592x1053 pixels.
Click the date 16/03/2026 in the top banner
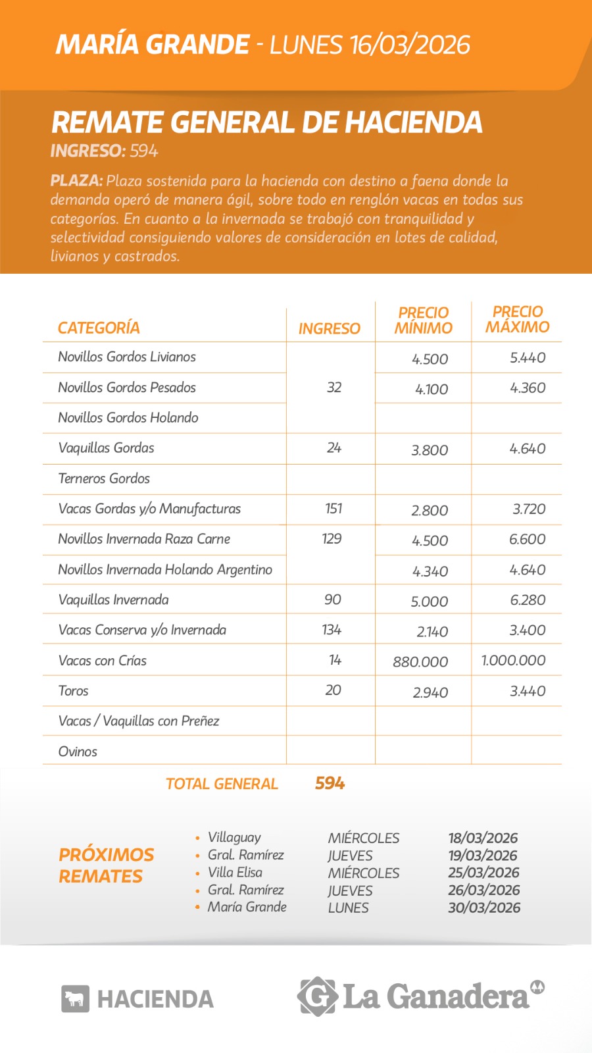tap(410, 45)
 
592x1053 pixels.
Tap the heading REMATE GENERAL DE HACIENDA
tap(266, 122)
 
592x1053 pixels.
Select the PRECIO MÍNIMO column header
tap(424, 321)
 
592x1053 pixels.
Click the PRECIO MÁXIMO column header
tap(518, 319)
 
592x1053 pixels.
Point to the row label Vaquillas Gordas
tap(106, 448)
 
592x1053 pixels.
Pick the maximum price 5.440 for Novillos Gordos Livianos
tap(528, 357)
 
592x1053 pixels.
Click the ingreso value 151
tap(333, 508)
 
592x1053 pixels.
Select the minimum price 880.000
tap(420, 661)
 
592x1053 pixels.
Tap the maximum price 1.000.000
tap(514, 660)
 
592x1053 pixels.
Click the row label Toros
tap(73, 690)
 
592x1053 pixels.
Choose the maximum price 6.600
tap(527, 539)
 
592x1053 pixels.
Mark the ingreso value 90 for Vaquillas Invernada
tap(333, 600)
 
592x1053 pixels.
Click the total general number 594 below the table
tap(330, 783)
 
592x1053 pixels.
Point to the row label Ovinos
tap(78, 752)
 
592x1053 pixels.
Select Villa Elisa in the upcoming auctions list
tap(235, 873)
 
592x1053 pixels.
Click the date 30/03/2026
tap(484, 908)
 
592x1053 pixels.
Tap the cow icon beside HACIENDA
tap(75, 999)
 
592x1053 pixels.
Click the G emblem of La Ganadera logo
tap(318, 996)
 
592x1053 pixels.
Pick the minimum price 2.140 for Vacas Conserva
tap(432, 632)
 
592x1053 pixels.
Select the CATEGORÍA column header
tap(99, 328)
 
